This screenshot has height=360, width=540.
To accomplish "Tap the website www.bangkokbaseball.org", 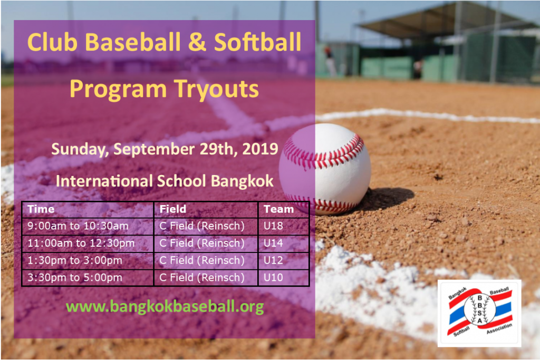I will [165, 306].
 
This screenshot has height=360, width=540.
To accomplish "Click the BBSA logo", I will [479, 313].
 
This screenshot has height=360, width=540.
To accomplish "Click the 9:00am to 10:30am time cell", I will [78, 226].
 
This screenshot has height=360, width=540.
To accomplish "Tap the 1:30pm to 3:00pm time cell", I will [75, 260].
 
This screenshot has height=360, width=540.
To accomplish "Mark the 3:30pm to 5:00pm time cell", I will [75, 277].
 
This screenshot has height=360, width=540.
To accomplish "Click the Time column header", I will [41, 209].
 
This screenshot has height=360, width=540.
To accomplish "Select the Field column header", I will [173, 209].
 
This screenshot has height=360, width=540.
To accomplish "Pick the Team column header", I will [278, 209].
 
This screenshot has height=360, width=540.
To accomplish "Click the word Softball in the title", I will [257, 43].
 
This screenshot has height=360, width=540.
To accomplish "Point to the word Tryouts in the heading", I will [217, 90].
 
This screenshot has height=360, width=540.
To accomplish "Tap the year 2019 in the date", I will [260, 149].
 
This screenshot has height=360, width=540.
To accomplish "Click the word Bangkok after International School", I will [242, 181].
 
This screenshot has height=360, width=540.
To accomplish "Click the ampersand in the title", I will [196, 43].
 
